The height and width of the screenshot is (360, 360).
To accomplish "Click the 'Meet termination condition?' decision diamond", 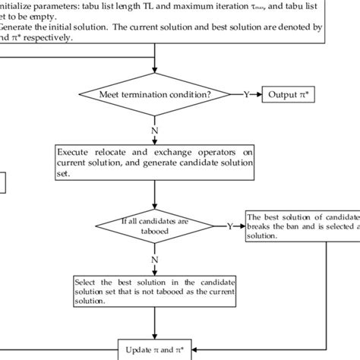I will click(x=155, y=95).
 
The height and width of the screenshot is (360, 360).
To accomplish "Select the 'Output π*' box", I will click(x=286, y=95).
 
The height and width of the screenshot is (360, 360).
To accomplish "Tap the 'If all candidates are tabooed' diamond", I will click(x=155, y=226).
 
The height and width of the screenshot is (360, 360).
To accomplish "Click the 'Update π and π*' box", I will click(x=155, y=349).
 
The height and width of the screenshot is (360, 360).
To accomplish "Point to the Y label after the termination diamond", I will click(x=245, y=95).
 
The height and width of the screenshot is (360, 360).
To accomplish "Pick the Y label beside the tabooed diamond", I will click(x=230, y=226).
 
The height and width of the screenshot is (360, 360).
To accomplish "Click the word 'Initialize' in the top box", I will click(x=18, y=4).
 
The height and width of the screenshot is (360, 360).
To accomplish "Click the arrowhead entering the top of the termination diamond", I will click(x=155, y=76).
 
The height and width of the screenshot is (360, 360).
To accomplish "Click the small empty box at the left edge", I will click(x=3, y=182).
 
